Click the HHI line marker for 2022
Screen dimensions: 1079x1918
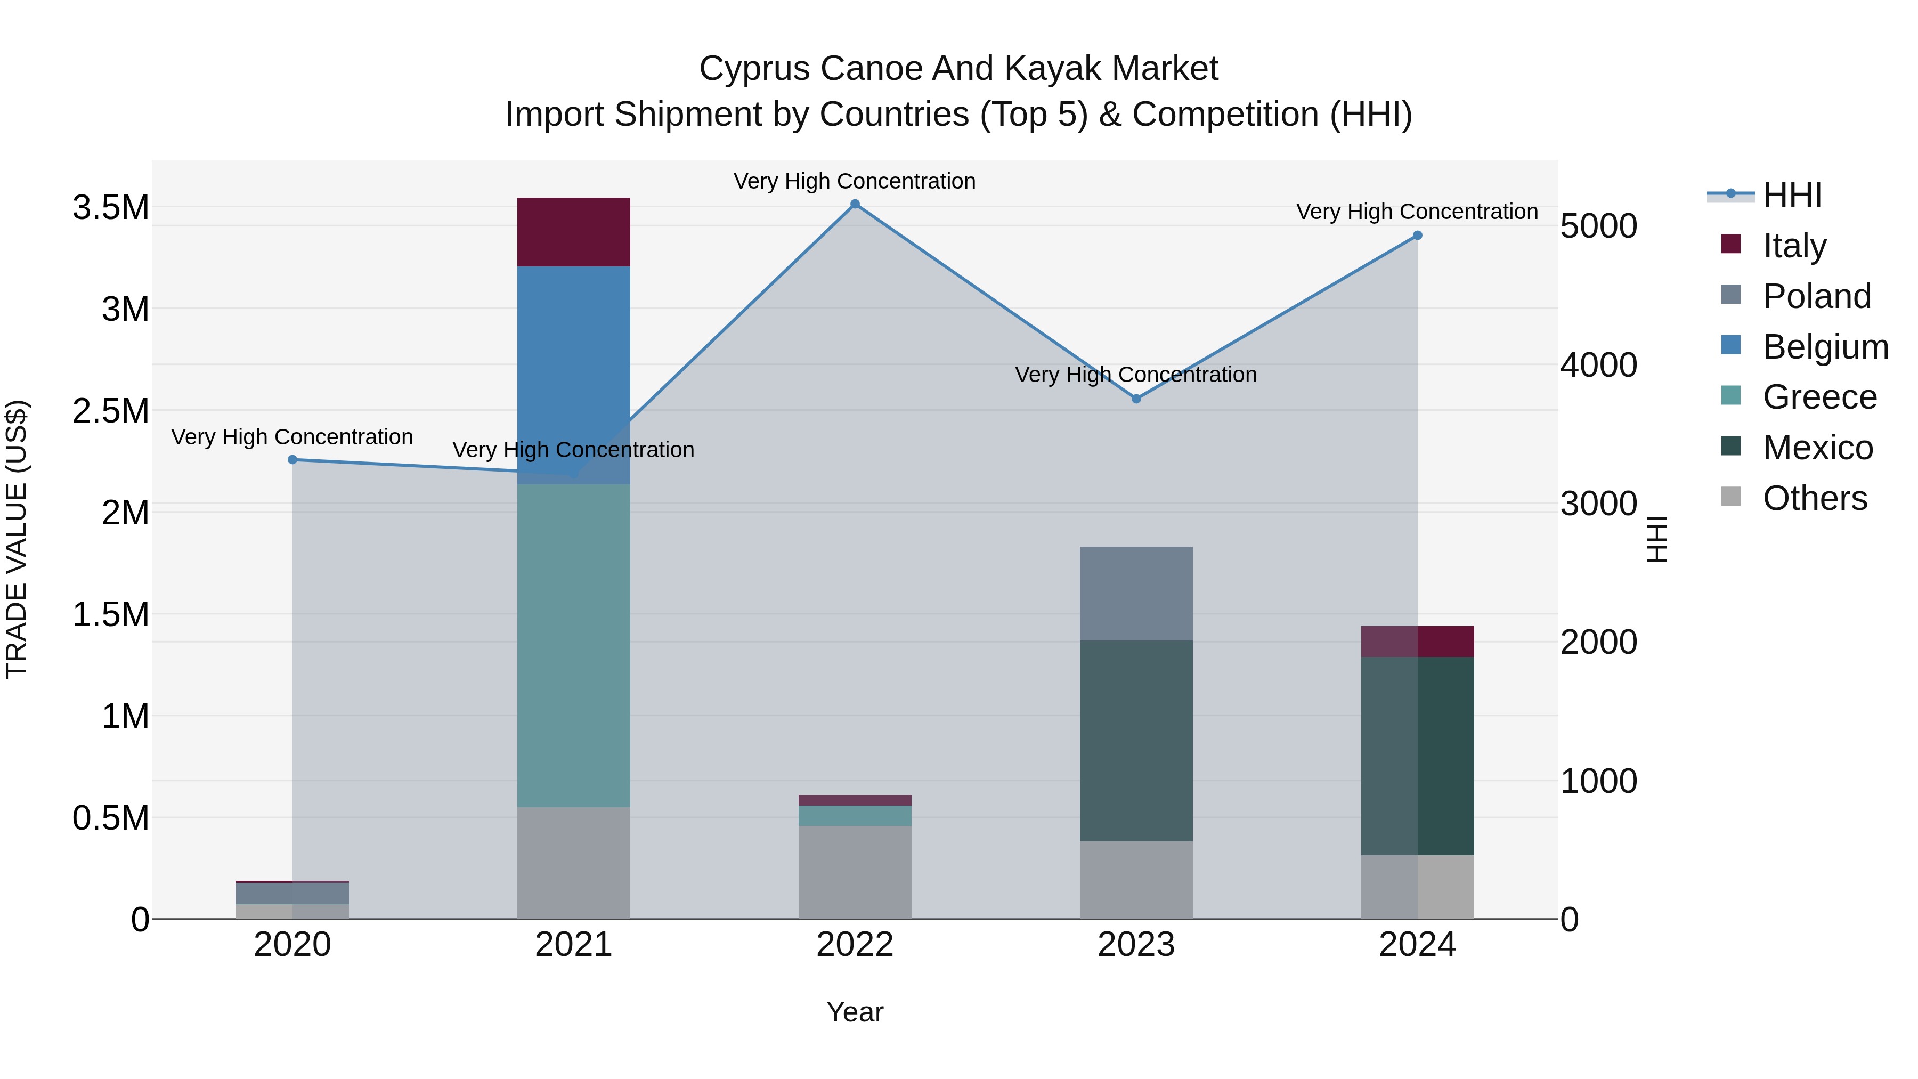[855, 204]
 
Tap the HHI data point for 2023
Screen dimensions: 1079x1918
[1136, 399]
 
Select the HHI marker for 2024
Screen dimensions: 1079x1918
[1417, 236]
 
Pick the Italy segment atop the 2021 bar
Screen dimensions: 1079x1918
[573, 232]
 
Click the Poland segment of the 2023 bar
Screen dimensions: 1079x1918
[1136, 594]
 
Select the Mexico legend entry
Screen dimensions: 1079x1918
[1817, 448]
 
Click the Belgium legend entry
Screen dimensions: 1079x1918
[1824, 347]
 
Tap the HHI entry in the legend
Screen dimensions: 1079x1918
[1791, 195]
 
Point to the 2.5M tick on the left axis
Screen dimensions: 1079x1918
[110, 411]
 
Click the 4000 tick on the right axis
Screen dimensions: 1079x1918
[1598, 365]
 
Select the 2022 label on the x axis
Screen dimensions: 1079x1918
[855, 945]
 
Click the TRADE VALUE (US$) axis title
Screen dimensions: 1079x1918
[17, 539]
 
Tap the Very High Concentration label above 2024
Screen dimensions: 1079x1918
[1417, 212]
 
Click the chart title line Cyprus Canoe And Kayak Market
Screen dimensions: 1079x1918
[958, 69]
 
